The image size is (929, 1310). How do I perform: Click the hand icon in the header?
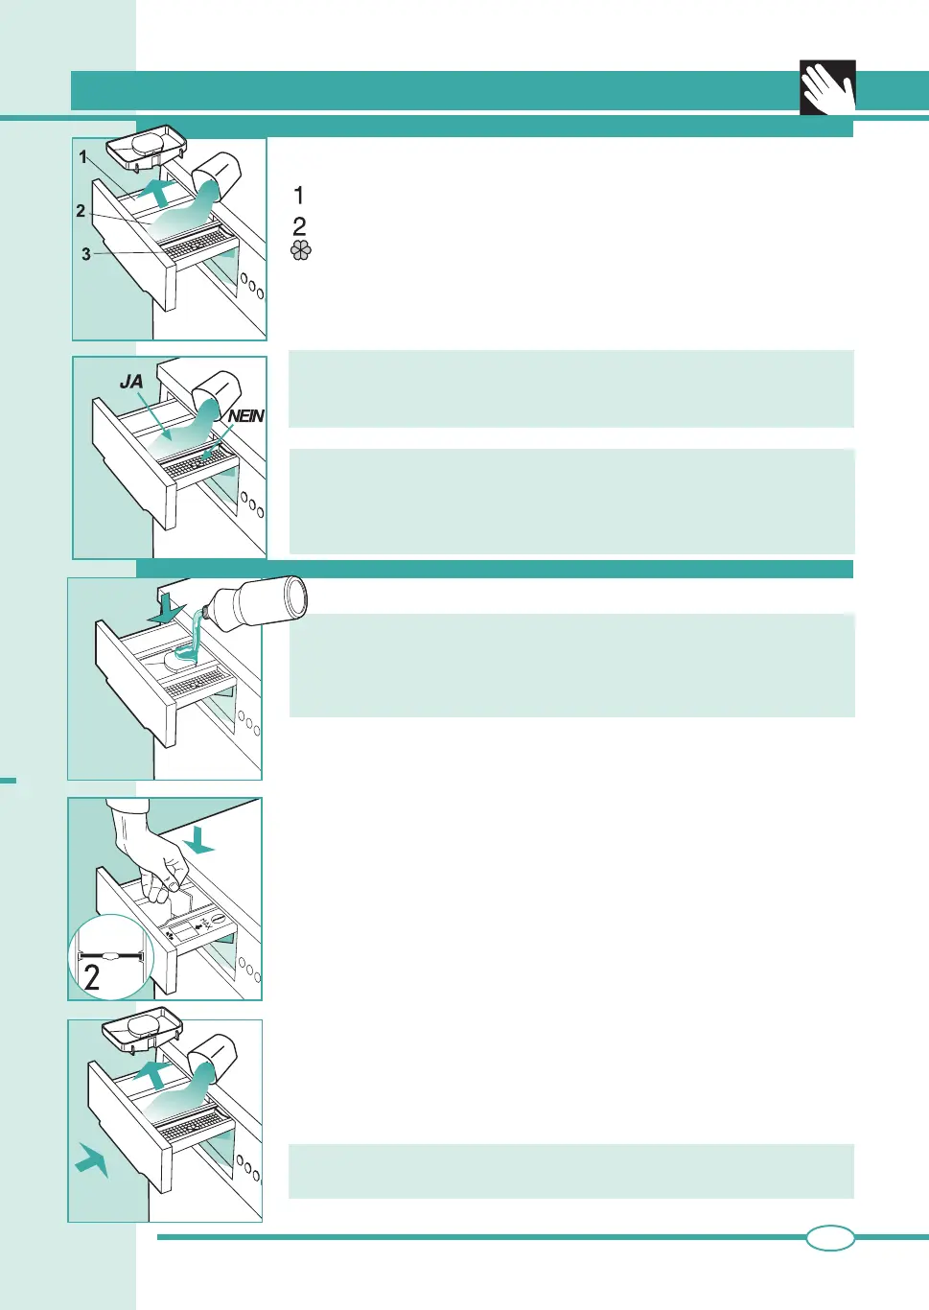click(x=828, y=88)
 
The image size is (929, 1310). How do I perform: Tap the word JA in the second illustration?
click(x=131, y=382)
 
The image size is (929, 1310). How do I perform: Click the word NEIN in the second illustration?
click(x=245, y=416)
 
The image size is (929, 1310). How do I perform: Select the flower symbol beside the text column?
click(x=301, y=250)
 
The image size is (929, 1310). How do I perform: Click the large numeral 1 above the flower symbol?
click(x=299, y=196)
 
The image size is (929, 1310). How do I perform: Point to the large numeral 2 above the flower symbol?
click(x=300, y=226)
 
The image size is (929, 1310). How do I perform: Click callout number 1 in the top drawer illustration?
click(x=83, y=157)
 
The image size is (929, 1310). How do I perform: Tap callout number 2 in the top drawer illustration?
click(x=81, y=211)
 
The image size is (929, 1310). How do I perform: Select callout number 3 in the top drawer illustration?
click(x=86, y=254)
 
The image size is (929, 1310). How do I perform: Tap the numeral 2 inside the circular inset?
click(x=92, y=977)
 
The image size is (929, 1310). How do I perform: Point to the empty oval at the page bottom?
click(x=830, y=1238)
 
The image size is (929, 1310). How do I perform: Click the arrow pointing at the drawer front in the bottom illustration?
click(x=92, y=1159)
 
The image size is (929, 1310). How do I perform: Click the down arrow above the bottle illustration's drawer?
click(x=166, y=608)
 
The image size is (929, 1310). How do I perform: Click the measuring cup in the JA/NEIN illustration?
click(x=216, y=392)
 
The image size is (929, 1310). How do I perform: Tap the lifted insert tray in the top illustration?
click(x=146, y=146)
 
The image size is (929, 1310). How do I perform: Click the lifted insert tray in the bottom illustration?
click(x=142, y=1029)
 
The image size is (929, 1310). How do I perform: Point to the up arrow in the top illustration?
click(x=159, y=191)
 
